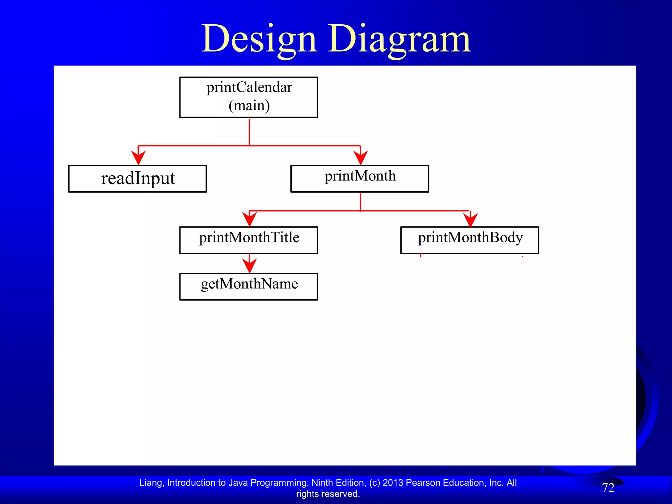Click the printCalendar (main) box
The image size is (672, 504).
coord(248,97)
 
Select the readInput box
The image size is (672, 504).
coord(137,178)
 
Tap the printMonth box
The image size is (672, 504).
coord(360,178)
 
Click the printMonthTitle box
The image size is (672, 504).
coord(248,240)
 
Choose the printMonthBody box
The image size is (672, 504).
coord(470,240)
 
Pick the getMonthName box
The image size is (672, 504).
coord(248,286)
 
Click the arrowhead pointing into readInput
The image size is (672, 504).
coord(138,157)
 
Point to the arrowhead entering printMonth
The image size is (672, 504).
coord(361,157)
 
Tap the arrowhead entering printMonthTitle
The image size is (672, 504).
coord(249,219)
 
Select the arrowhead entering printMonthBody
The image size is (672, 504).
coord(470,220)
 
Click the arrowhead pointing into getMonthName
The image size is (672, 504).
coord(249,265)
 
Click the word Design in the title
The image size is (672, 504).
coord(259,39)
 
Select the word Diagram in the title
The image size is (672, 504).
coord(399,39)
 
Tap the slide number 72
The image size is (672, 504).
coord(608,488)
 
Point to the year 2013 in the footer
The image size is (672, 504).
coord(393,483)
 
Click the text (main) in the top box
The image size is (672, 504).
coord(249,106)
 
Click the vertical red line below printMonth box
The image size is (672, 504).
coord(361,201)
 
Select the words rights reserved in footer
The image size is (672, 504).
coord(328,494)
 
